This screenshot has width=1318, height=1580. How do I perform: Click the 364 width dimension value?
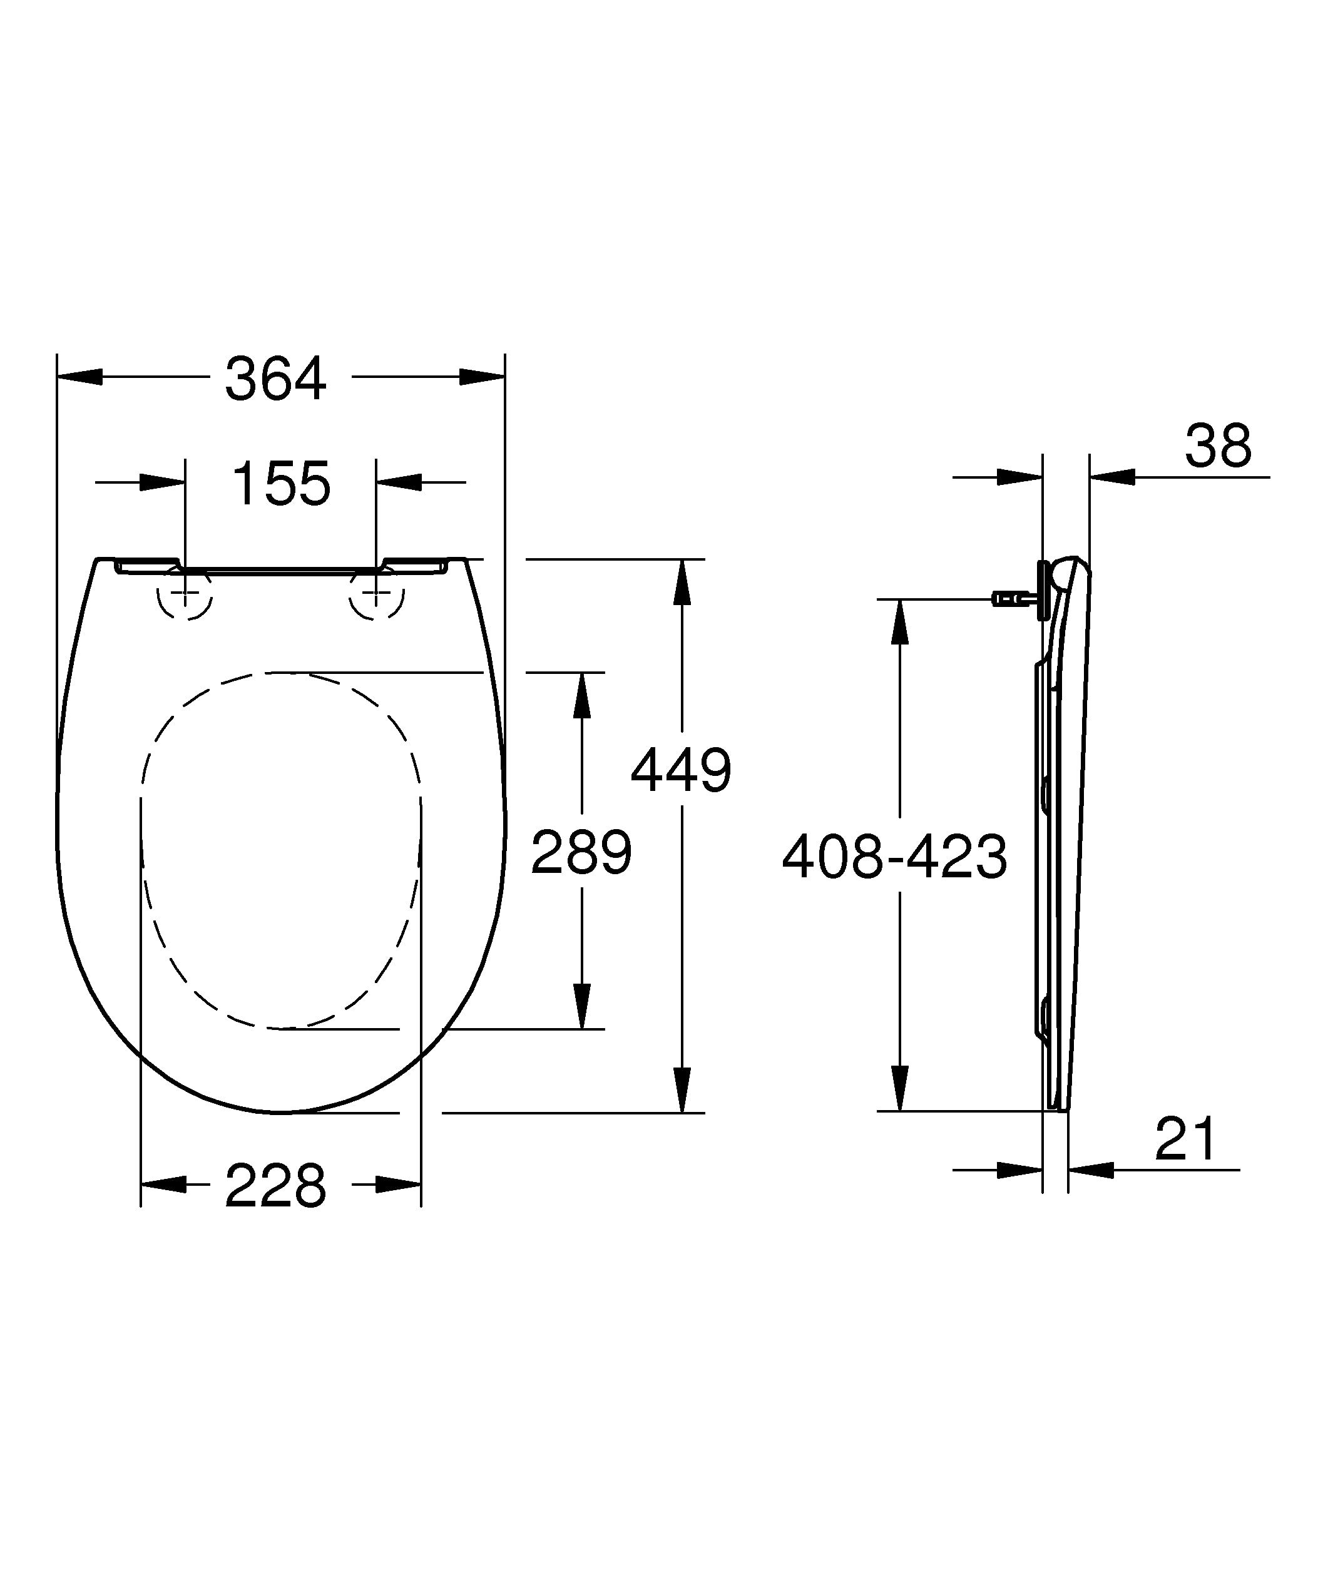(x=275, y=379)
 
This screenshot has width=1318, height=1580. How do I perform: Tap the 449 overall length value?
(x=681, y=770)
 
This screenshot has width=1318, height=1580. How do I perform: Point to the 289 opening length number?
(x=581, y=852)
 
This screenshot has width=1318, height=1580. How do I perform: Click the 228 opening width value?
(x=275, y=1186)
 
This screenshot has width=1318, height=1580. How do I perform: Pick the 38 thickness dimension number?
(x=1218, y=446)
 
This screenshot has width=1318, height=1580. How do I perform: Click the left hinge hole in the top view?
(x=185, y=595)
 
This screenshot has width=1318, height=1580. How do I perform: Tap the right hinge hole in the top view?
(x=376, y=595)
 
